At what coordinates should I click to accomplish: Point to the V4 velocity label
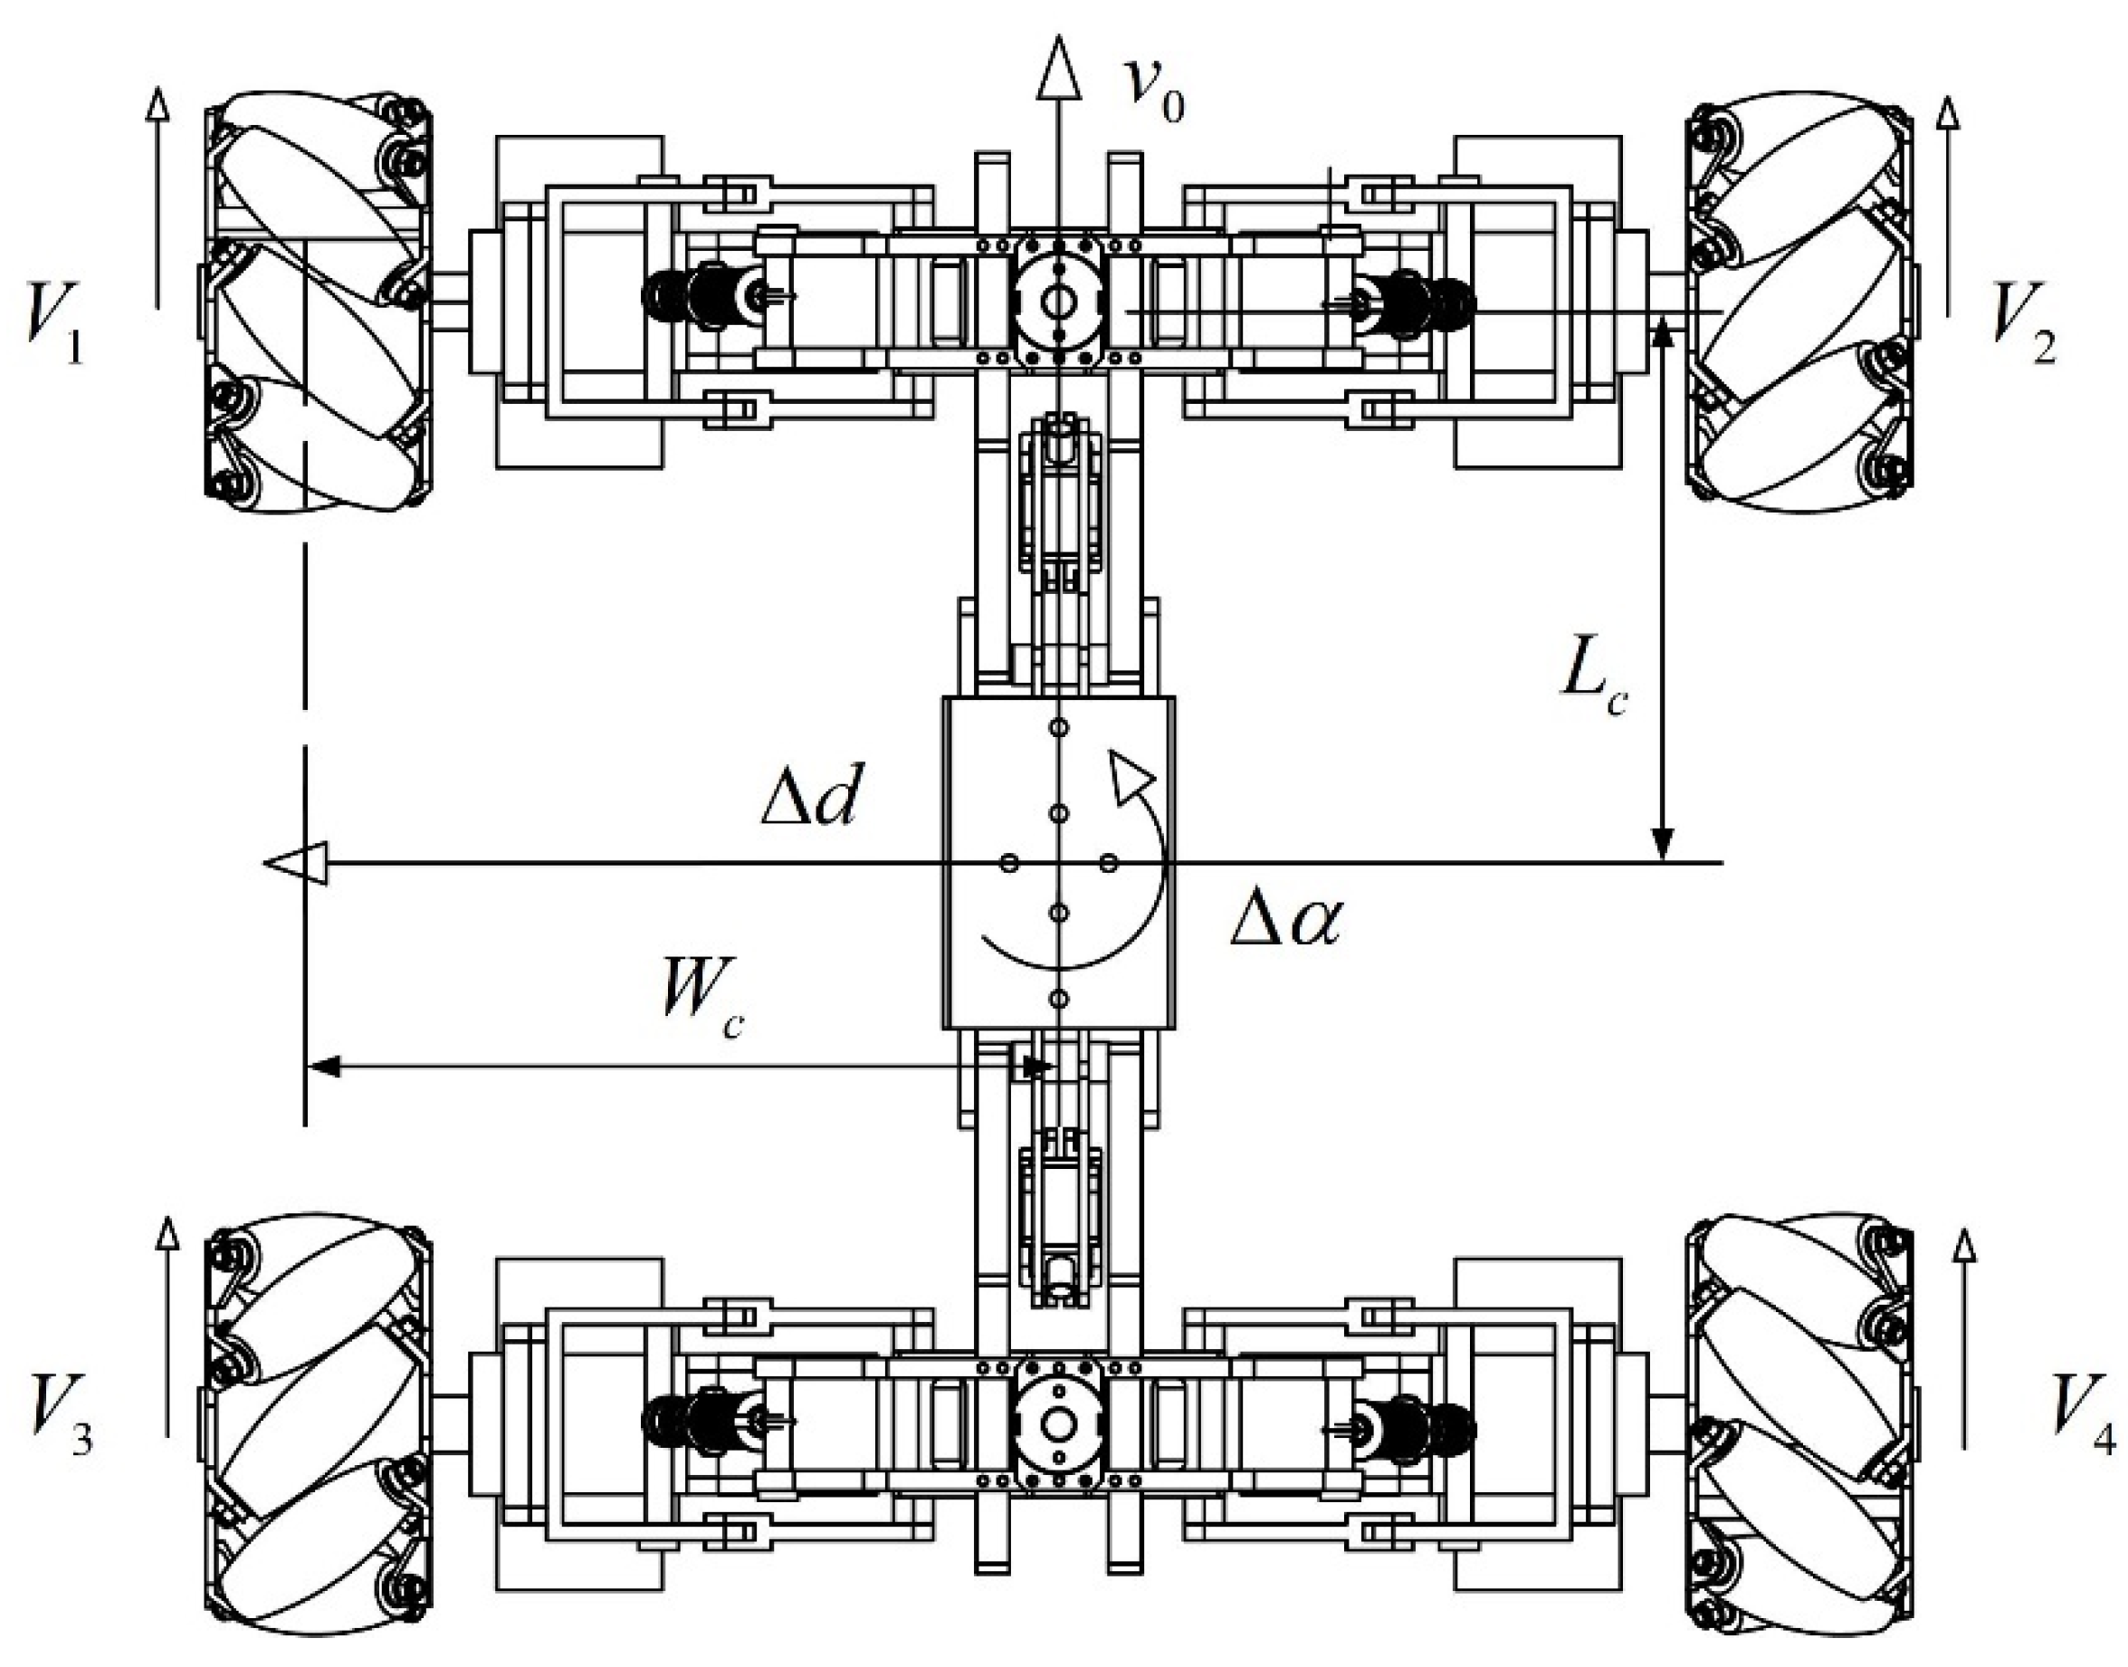tap(2078, 1418)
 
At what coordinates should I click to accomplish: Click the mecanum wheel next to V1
tap(316, 298)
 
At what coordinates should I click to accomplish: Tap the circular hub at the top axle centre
tap(1057, 303)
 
